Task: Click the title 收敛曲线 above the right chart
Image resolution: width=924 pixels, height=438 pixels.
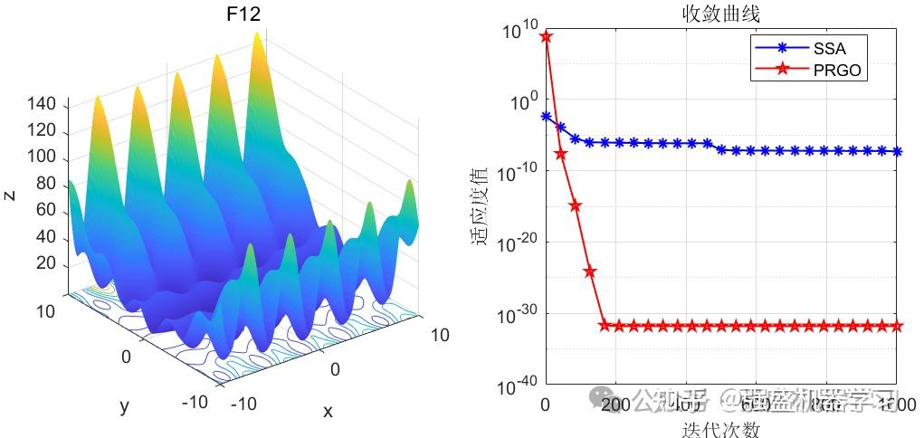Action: (720, 14)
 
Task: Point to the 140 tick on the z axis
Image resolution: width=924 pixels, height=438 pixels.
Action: (43, 106)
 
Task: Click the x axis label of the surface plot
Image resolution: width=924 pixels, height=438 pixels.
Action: (328, 412)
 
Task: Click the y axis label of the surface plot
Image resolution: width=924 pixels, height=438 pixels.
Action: (125, 406)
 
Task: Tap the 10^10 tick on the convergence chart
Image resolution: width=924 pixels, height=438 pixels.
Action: (518, 30)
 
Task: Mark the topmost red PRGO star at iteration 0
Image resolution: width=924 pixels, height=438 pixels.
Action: (546, 36)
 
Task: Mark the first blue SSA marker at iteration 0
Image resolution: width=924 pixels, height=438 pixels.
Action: (546, 117)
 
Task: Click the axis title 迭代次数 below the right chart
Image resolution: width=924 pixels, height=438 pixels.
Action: (720, 429)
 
